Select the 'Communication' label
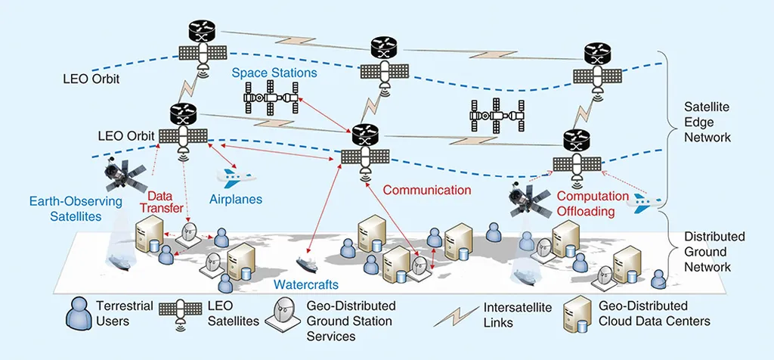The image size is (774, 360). [x=426, y=191]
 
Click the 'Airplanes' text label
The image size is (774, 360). [x=235, y=200]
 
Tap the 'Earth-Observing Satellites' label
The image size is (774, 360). [x=64, y=209]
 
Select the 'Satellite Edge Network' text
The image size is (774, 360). [x=707, y=122]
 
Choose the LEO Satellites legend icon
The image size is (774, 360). [x=179, y=315]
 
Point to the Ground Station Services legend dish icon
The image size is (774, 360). [x=286, y=312]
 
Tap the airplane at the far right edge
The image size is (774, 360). [x=648, y=200]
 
